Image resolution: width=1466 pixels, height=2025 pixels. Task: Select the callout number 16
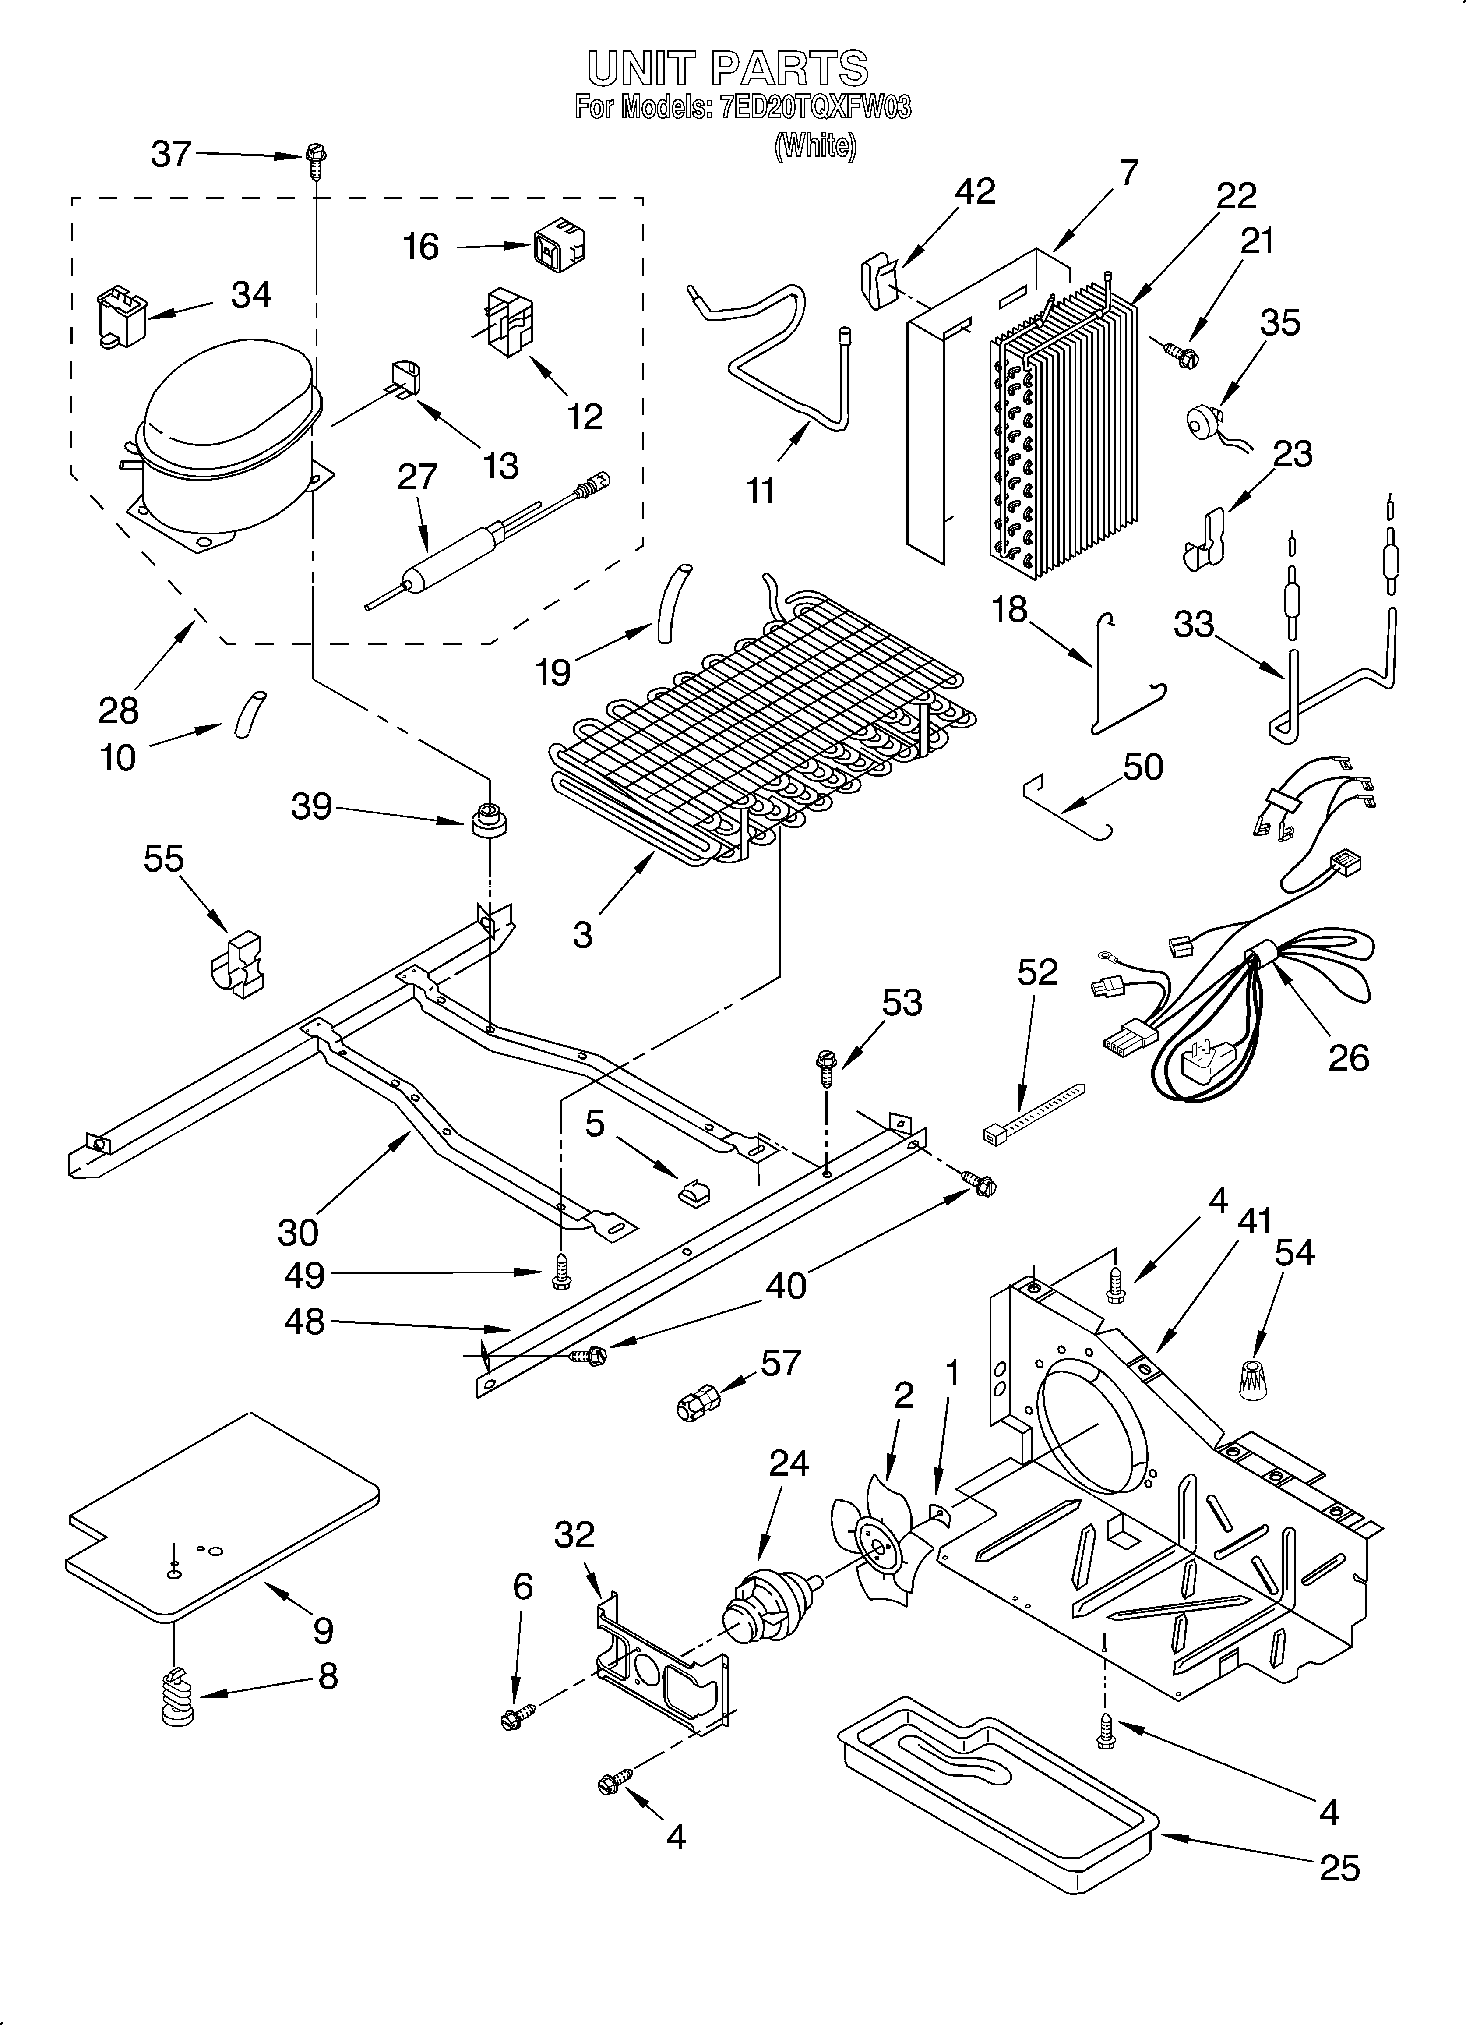coord(421,247)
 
